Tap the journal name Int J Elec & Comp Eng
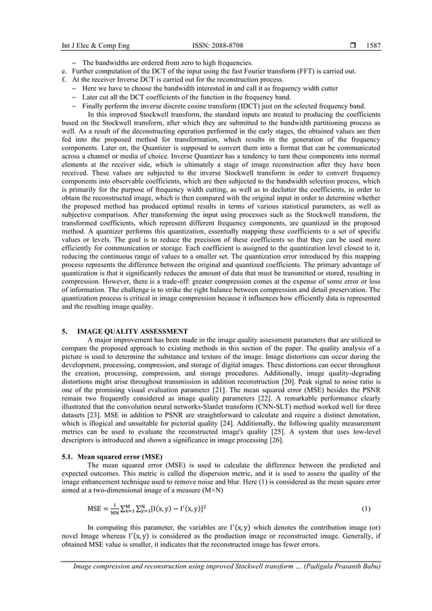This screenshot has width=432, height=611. click(89, 46)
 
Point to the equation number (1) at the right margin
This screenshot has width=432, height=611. click(366, 506)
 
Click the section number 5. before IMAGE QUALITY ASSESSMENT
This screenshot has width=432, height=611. click(64, 332)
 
